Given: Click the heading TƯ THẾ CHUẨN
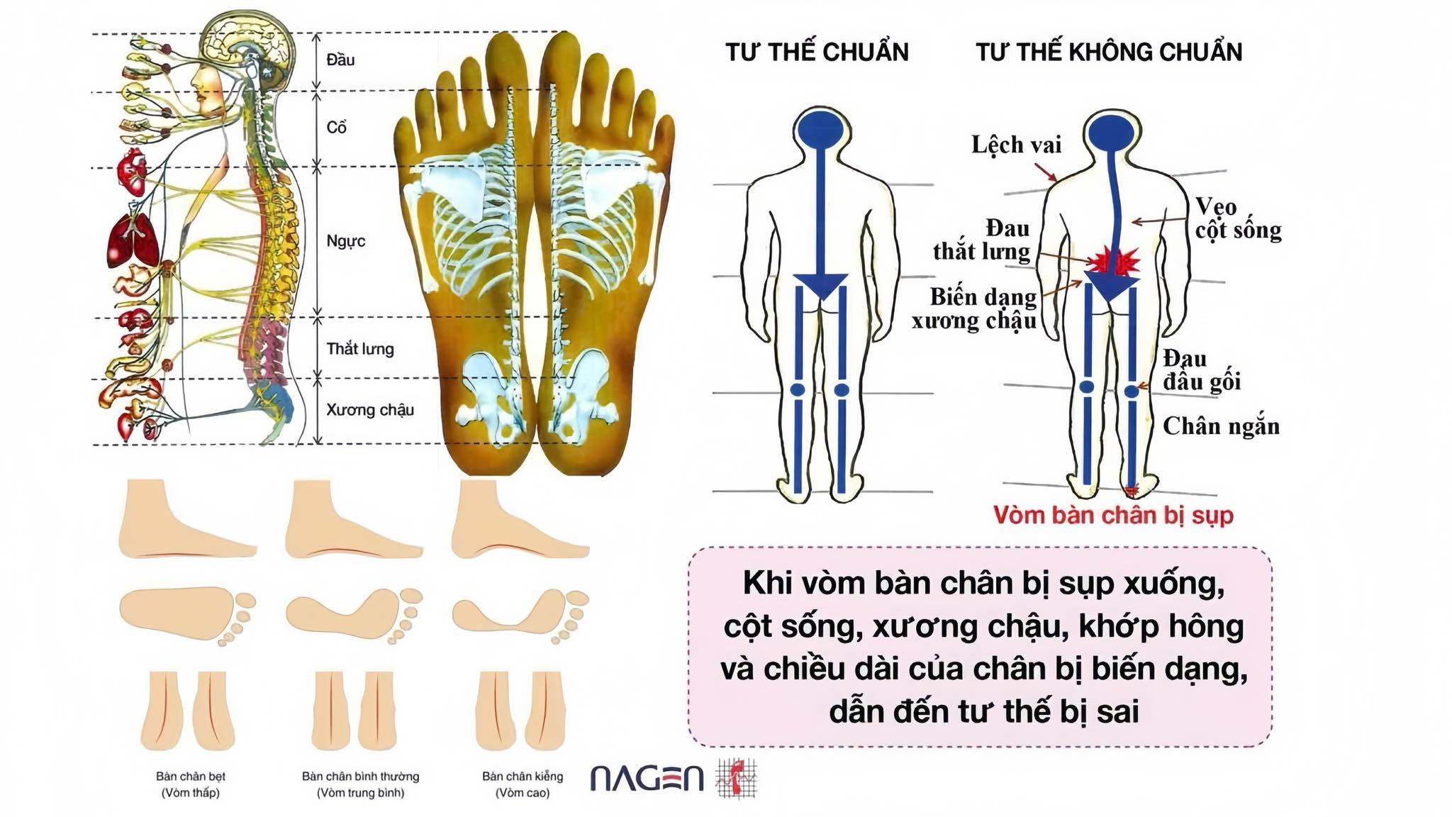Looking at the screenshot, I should pyautogui.click(x=816, y=52).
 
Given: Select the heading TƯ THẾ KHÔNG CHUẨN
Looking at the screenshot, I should pyautogui.click(x=1108, y=52).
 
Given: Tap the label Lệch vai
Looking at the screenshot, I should pyautogui.click(x=1015, y=145).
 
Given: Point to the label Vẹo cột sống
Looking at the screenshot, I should pyautogui.click(x=1238, y=218).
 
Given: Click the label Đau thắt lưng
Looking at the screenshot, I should pyautogui.click(x=982, y=240).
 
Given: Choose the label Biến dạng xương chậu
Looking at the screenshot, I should pyautogui.click(x=976, y=309).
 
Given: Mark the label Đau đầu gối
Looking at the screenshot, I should pyautogui.click(x=1201, y=369).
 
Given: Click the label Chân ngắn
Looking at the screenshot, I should pyautogui.click(x=1221, y=426).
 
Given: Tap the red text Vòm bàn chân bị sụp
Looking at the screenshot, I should pyautogui.click(x=1112, y=515).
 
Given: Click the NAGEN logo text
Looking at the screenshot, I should pyautogui.click(x=647, y=778).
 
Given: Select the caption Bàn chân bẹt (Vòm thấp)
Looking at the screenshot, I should pyautogui.click(x=190, y=784).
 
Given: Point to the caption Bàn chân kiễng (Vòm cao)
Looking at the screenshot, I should pyautogui.click(x=523, y=784).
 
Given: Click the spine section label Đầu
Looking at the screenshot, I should pyautogui.click(x=340, y=60).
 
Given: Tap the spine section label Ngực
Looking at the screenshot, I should pyautogui.click(x=345, y=241).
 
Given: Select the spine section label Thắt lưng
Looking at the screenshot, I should pyautogui.click(x=359, y=349).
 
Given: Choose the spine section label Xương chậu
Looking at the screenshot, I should pyautogui.click(x=369, y=410).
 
